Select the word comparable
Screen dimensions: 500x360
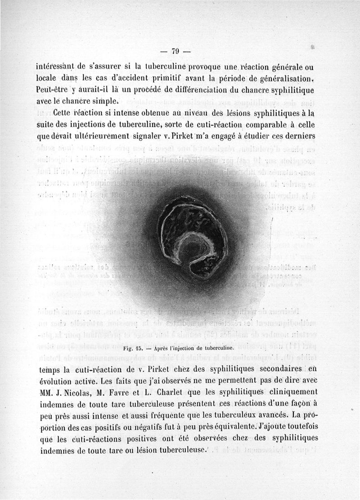coord(254,124)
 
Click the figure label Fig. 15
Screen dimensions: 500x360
coord(133,348)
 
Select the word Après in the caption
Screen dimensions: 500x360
coord(162,348)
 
